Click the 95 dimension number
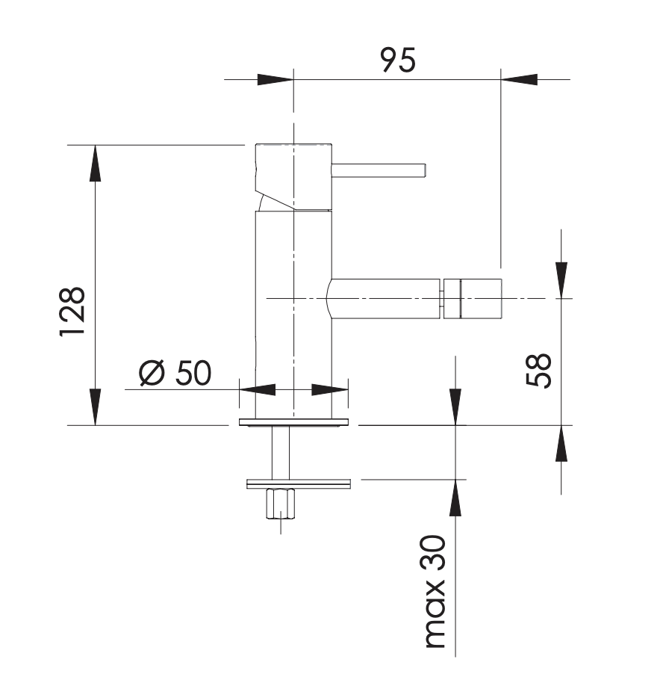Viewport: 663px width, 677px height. coord(398,60)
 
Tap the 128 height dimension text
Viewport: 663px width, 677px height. coord(72,312)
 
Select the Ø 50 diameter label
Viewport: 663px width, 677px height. coord(175,372)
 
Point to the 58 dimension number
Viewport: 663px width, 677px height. coord(539,371)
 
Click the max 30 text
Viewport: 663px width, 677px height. coord(435,592)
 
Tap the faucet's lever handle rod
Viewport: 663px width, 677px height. coord(379,170)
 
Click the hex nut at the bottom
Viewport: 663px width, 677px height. coord(281,504)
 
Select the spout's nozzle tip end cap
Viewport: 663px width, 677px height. coord(473,299)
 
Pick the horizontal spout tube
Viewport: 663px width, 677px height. coord(384,299)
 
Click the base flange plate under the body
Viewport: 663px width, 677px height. coord(293,422)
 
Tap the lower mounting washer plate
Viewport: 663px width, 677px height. coord(299,484)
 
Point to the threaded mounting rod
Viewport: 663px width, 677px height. coord(281,453)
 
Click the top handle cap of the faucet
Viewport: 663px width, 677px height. coord(293,177)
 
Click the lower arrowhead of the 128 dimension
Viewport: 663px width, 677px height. coord(96,406)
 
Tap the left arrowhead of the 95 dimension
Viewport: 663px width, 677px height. coord(276,79)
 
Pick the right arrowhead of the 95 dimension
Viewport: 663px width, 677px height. coord(519,79)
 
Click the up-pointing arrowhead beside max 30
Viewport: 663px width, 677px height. coord(455,498)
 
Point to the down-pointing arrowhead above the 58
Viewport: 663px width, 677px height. coord(561,280)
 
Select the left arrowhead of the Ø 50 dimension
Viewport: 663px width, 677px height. coord(257,390)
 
